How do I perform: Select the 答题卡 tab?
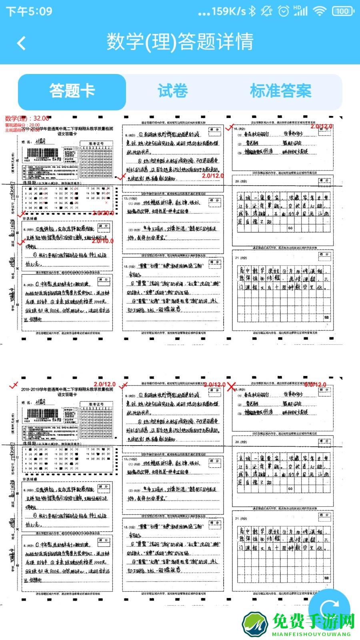(72, 92)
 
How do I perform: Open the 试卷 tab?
(173, 92)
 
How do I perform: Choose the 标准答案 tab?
(280, 92)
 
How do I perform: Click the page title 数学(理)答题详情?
(180, 42)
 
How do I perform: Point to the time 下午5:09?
(29, 11)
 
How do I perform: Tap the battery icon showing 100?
(342, 11)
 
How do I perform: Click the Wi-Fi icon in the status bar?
(320, 11)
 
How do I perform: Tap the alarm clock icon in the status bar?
(284, 11)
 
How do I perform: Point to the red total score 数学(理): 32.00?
(27, 118)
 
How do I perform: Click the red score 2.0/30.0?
(103, 213)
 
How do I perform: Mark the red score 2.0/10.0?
(102, 241)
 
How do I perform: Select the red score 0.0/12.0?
(316, 385)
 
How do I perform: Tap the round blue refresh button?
(330, 608)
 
